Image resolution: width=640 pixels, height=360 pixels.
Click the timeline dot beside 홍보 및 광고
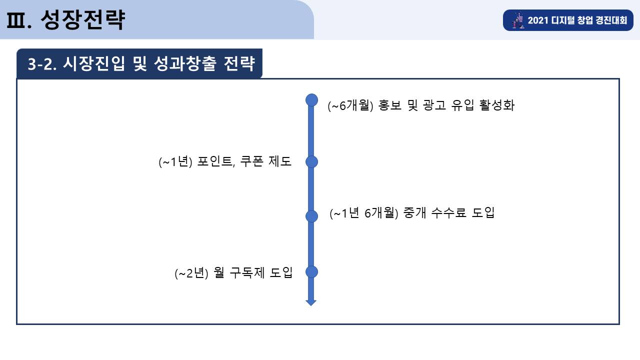click(311, 100)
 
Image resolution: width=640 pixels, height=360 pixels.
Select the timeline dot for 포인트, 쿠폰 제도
click(311, 161)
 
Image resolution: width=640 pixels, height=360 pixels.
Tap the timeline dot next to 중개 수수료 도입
click(311, 216)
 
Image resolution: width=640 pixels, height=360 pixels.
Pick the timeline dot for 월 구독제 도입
click(311, 271)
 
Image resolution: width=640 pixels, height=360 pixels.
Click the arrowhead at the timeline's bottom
click(311, 303)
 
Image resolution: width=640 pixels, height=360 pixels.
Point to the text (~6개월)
click(350, 105)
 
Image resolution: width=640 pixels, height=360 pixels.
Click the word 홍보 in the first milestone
click(389, 105)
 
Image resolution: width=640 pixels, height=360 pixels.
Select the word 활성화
click(497, 105)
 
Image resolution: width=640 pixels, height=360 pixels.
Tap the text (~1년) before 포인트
click(175, 161)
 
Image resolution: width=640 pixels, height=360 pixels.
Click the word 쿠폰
click(251, 161)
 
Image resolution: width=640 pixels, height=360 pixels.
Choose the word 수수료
click(448, 213)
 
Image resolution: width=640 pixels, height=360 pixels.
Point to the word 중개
click(414, 213)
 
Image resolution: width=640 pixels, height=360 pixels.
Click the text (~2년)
click(191, 273)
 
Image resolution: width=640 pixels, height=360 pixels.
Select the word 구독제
click(247, 272)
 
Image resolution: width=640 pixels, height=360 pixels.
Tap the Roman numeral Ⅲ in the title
click(15, 20)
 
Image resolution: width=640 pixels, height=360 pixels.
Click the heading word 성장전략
click(83, 19)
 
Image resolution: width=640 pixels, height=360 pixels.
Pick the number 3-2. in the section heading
click(42, 63)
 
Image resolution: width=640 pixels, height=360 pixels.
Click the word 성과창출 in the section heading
click(185, 63)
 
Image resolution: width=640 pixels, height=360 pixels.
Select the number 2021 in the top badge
click(538, 20)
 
